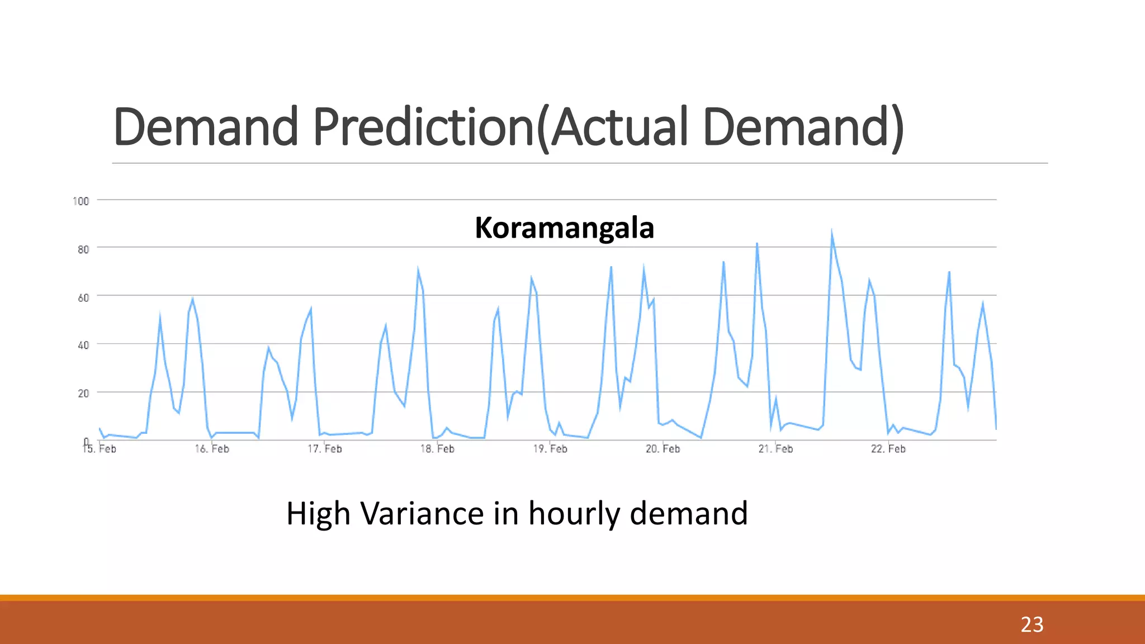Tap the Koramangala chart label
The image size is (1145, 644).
564,228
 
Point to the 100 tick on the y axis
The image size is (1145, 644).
81,201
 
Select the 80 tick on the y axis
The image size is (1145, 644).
83,249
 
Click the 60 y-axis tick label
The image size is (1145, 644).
83,297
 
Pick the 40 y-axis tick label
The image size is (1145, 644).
83,345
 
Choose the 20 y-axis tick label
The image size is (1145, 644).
83,394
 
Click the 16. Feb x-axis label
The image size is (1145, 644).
212,449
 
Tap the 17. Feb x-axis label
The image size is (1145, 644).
325,449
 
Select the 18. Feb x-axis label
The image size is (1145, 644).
437,449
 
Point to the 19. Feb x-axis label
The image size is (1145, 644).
550,449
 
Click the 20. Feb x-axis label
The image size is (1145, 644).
663,449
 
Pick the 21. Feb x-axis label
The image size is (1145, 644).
775,449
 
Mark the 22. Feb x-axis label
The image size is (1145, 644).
888,449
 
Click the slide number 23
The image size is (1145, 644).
1032,624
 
